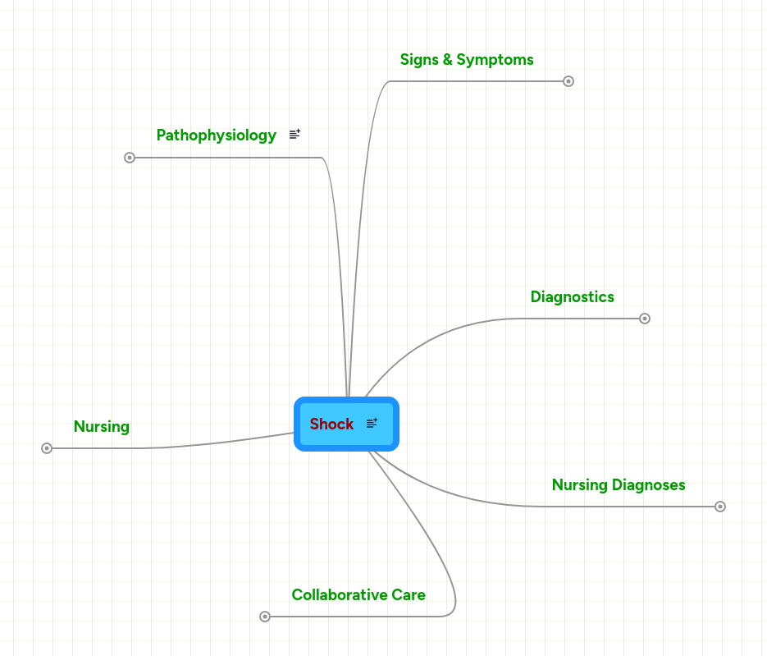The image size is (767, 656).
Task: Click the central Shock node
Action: (332, 424)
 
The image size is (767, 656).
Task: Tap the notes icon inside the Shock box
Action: (372, 424)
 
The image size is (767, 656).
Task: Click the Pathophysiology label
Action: (216, 135)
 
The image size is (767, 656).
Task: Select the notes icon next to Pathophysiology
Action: (294, 135)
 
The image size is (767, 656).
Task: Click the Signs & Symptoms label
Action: (466, 60)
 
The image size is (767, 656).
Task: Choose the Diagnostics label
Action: (572, 297)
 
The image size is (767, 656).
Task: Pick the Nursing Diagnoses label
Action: (618, 485)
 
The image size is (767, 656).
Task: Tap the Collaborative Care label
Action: (358, 595)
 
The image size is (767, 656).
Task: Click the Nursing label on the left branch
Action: (101, 427)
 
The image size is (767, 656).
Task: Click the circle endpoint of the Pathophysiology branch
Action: (130, 158)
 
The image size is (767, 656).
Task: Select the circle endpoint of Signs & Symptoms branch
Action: (568, 81)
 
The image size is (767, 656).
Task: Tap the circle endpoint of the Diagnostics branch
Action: (645, 319)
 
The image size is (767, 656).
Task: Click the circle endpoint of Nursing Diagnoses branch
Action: (720, 507)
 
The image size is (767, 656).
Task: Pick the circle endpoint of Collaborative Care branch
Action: (265, 617)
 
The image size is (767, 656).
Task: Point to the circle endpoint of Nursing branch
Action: (47, 448)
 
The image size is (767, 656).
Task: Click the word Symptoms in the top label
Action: (495, 60)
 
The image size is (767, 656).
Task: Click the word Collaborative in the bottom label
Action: (339, 595)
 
